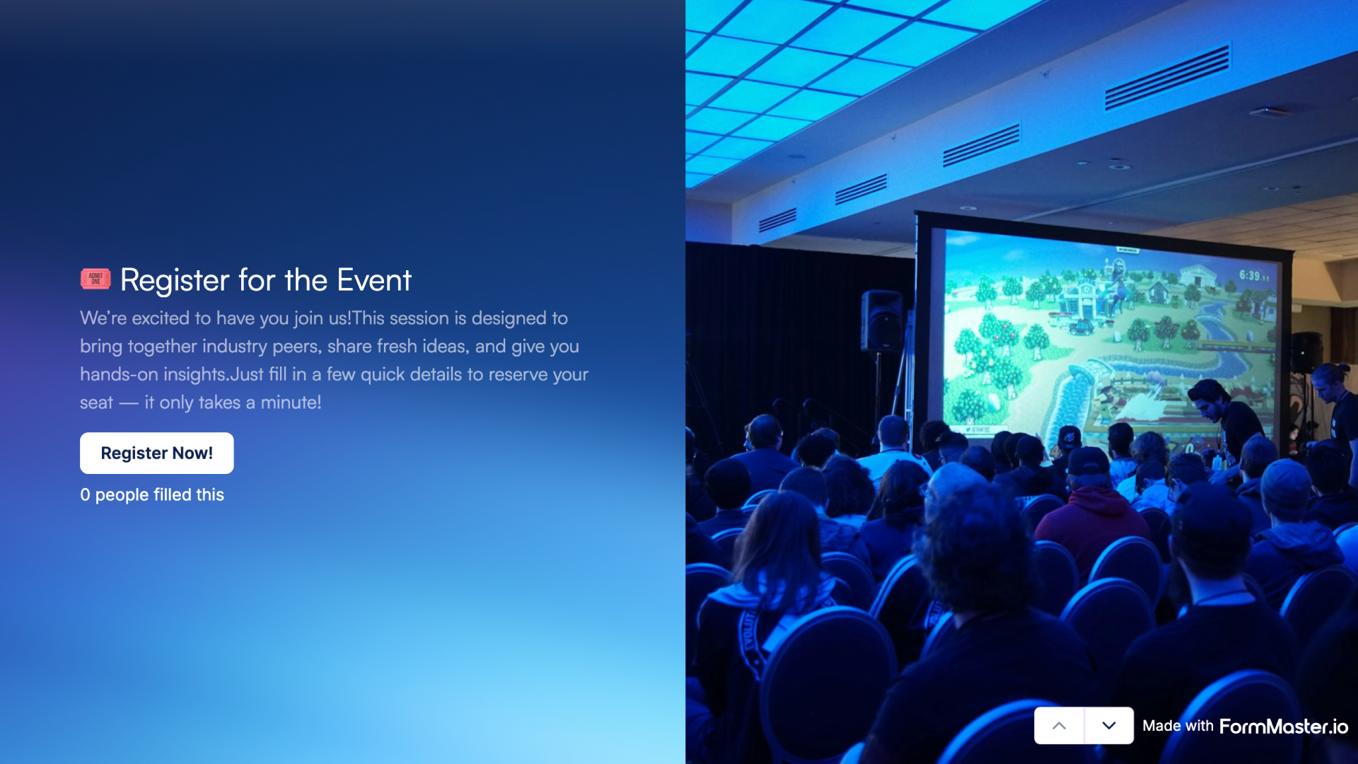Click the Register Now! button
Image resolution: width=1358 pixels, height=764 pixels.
[x=156, y=453]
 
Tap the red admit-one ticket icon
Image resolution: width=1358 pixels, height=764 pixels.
[x=95, y=279]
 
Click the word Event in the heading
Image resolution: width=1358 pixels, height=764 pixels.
[x=373, y=280]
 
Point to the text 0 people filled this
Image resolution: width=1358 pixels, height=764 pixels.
[x=152, y=494]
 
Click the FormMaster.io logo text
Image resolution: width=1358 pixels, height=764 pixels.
[x=1283, y=727]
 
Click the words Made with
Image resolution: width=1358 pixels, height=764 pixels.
[x=1178, y=726]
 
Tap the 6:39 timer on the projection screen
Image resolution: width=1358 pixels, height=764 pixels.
[x=1253, y=275]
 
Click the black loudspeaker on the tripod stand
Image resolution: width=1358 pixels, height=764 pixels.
[x=881, y=321]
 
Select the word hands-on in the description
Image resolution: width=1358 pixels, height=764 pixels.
[x=119, y=374]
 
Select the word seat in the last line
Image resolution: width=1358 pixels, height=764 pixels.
[x=96, y=403]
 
